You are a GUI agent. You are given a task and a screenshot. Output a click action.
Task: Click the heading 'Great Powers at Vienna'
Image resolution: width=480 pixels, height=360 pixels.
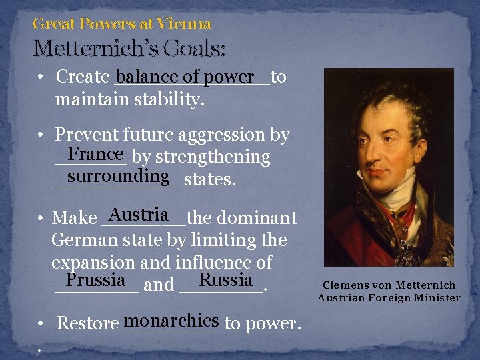click(x=122, y=25)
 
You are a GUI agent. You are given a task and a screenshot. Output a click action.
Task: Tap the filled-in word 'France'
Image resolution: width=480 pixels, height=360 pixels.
click(x=96, y=154)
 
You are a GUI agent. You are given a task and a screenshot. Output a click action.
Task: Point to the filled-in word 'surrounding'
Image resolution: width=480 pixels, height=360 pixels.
click(x=117, y=176)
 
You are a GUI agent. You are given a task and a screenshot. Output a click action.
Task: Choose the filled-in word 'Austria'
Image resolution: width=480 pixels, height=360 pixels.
click(x=139, y=215)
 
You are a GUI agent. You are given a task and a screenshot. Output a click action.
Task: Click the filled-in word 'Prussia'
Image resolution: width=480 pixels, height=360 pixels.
click(x=95, y=279)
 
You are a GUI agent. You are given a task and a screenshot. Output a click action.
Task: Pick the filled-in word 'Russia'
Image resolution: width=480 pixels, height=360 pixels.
click(x=225, y=279)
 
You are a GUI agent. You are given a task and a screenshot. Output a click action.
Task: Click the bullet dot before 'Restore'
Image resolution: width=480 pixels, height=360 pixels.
click(x=41, y=324)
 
